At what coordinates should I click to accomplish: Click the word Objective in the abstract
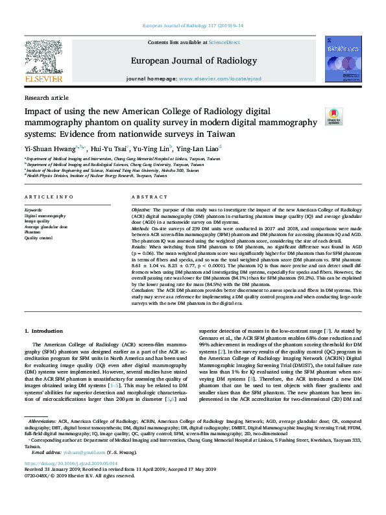(x=141, y=211)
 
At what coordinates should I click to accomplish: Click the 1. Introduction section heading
(x=48, y=331)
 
